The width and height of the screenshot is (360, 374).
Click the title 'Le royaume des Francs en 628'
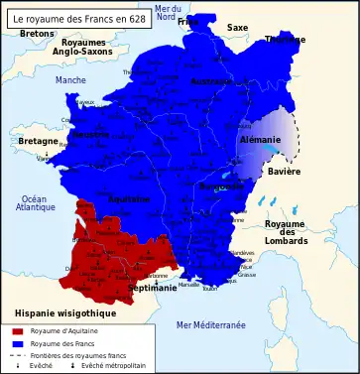(x=80, y=18)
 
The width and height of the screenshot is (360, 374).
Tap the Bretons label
(x=37, y=34)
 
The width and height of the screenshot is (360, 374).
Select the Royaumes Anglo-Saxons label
(x=83, y=49)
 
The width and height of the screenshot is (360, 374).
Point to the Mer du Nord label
(x=167, y=14)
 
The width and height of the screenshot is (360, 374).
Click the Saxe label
(x=238, y=28)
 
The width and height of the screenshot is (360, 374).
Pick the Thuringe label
(x=285, y=40)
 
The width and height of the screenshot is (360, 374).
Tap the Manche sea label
(x=70, y=80)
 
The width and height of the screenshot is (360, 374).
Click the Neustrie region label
(x=91, y=134)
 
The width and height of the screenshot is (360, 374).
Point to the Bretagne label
(x=39, y=142)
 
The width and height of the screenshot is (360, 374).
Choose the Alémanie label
(x=261, y=141)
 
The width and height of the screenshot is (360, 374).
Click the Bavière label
(x=284, y=172)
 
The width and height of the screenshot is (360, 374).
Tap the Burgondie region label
(x=220, y=186)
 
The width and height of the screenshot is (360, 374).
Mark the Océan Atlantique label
(x=36, y=203)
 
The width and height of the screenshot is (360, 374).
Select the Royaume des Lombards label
(x=286, y=231)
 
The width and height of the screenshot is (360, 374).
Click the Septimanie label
(x=153, y=289)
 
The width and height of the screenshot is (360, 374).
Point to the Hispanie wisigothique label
(x=59, y=313)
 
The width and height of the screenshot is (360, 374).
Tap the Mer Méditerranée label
(x=210, y=325)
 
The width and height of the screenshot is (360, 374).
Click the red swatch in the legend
(x=17, y=330)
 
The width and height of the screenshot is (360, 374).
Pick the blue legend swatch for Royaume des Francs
(x=17, y=342)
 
